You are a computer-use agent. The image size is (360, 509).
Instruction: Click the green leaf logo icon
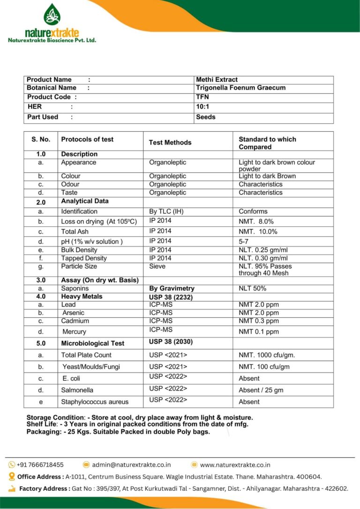pyautogui.click(x=52, y=15)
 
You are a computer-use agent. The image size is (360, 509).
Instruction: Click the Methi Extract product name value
pyautogui.click(x=217, y=80)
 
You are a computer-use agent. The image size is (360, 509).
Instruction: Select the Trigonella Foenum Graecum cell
pyautogui.click(x=240, y=88)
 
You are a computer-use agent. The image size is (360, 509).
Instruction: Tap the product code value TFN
pyautogui.click(x=202, y=97)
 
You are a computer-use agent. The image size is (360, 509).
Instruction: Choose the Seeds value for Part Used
pyautogui.click(x=206, y=117)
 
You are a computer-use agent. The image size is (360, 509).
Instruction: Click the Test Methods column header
pyautogui.click(x=170, y=142)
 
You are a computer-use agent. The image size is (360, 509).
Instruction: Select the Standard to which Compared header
pyautogui.click(x=267, y=143)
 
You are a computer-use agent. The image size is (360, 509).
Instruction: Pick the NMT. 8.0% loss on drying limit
pyautogui.click(x=256, y=221)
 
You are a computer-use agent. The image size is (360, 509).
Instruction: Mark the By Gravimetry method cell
pyautogui.click(x=172, y=288)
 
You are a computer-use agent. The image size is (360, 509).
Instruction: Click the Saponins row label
pyautogui.click(x=75, y=288)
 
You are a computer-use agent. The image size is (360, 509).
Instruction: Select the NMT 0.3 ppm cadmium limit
pyautogui.click(x=258, y=321)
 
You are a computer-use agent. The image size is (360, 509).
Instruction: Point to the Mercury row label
pyautogui.click(x=74, y=332)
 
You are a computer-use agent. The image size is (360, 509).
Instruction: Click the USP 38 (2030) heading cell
pyautogui.click(x=171, y=342)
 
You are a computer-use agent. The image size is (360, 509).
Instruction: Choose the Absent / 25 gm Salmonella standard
pyautogui.click(x=261, y=390)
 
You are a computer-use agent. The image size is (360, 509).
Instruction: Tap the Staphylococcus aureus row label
pyautogui.click(x=95, y=402)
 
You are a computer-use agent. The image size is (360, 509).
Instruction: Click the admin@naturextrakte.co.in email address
pyautogui.click(x=131, y=465)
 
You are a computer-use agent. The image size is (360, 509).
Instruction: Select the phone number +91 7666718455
pyautogui.click(x=40, y=465)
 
